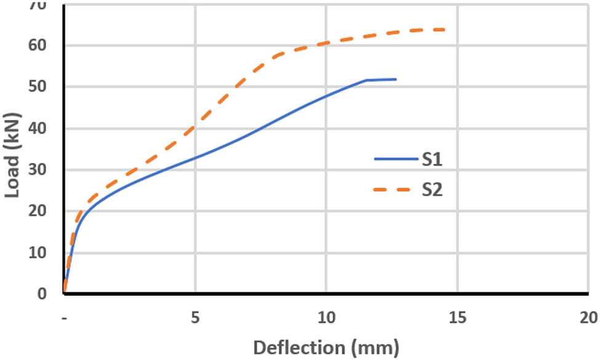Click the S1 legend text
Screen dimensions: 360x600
tap(432, 159)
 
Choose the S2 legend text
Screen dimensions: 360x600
tap(432, 190)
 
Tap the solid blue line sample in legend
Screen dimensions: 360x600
tap(395, 159)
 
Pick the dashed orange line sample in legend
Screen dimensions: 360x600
tap(395, 190)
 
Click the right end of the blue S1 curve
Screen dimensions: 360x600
tap(396, 79)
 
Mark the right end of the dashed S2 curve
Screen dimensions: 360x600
tap(444, 30)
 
